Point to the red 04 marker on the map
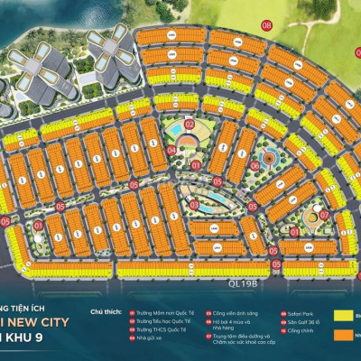[171, 150]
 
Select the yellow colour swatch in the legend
[342, 315]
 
